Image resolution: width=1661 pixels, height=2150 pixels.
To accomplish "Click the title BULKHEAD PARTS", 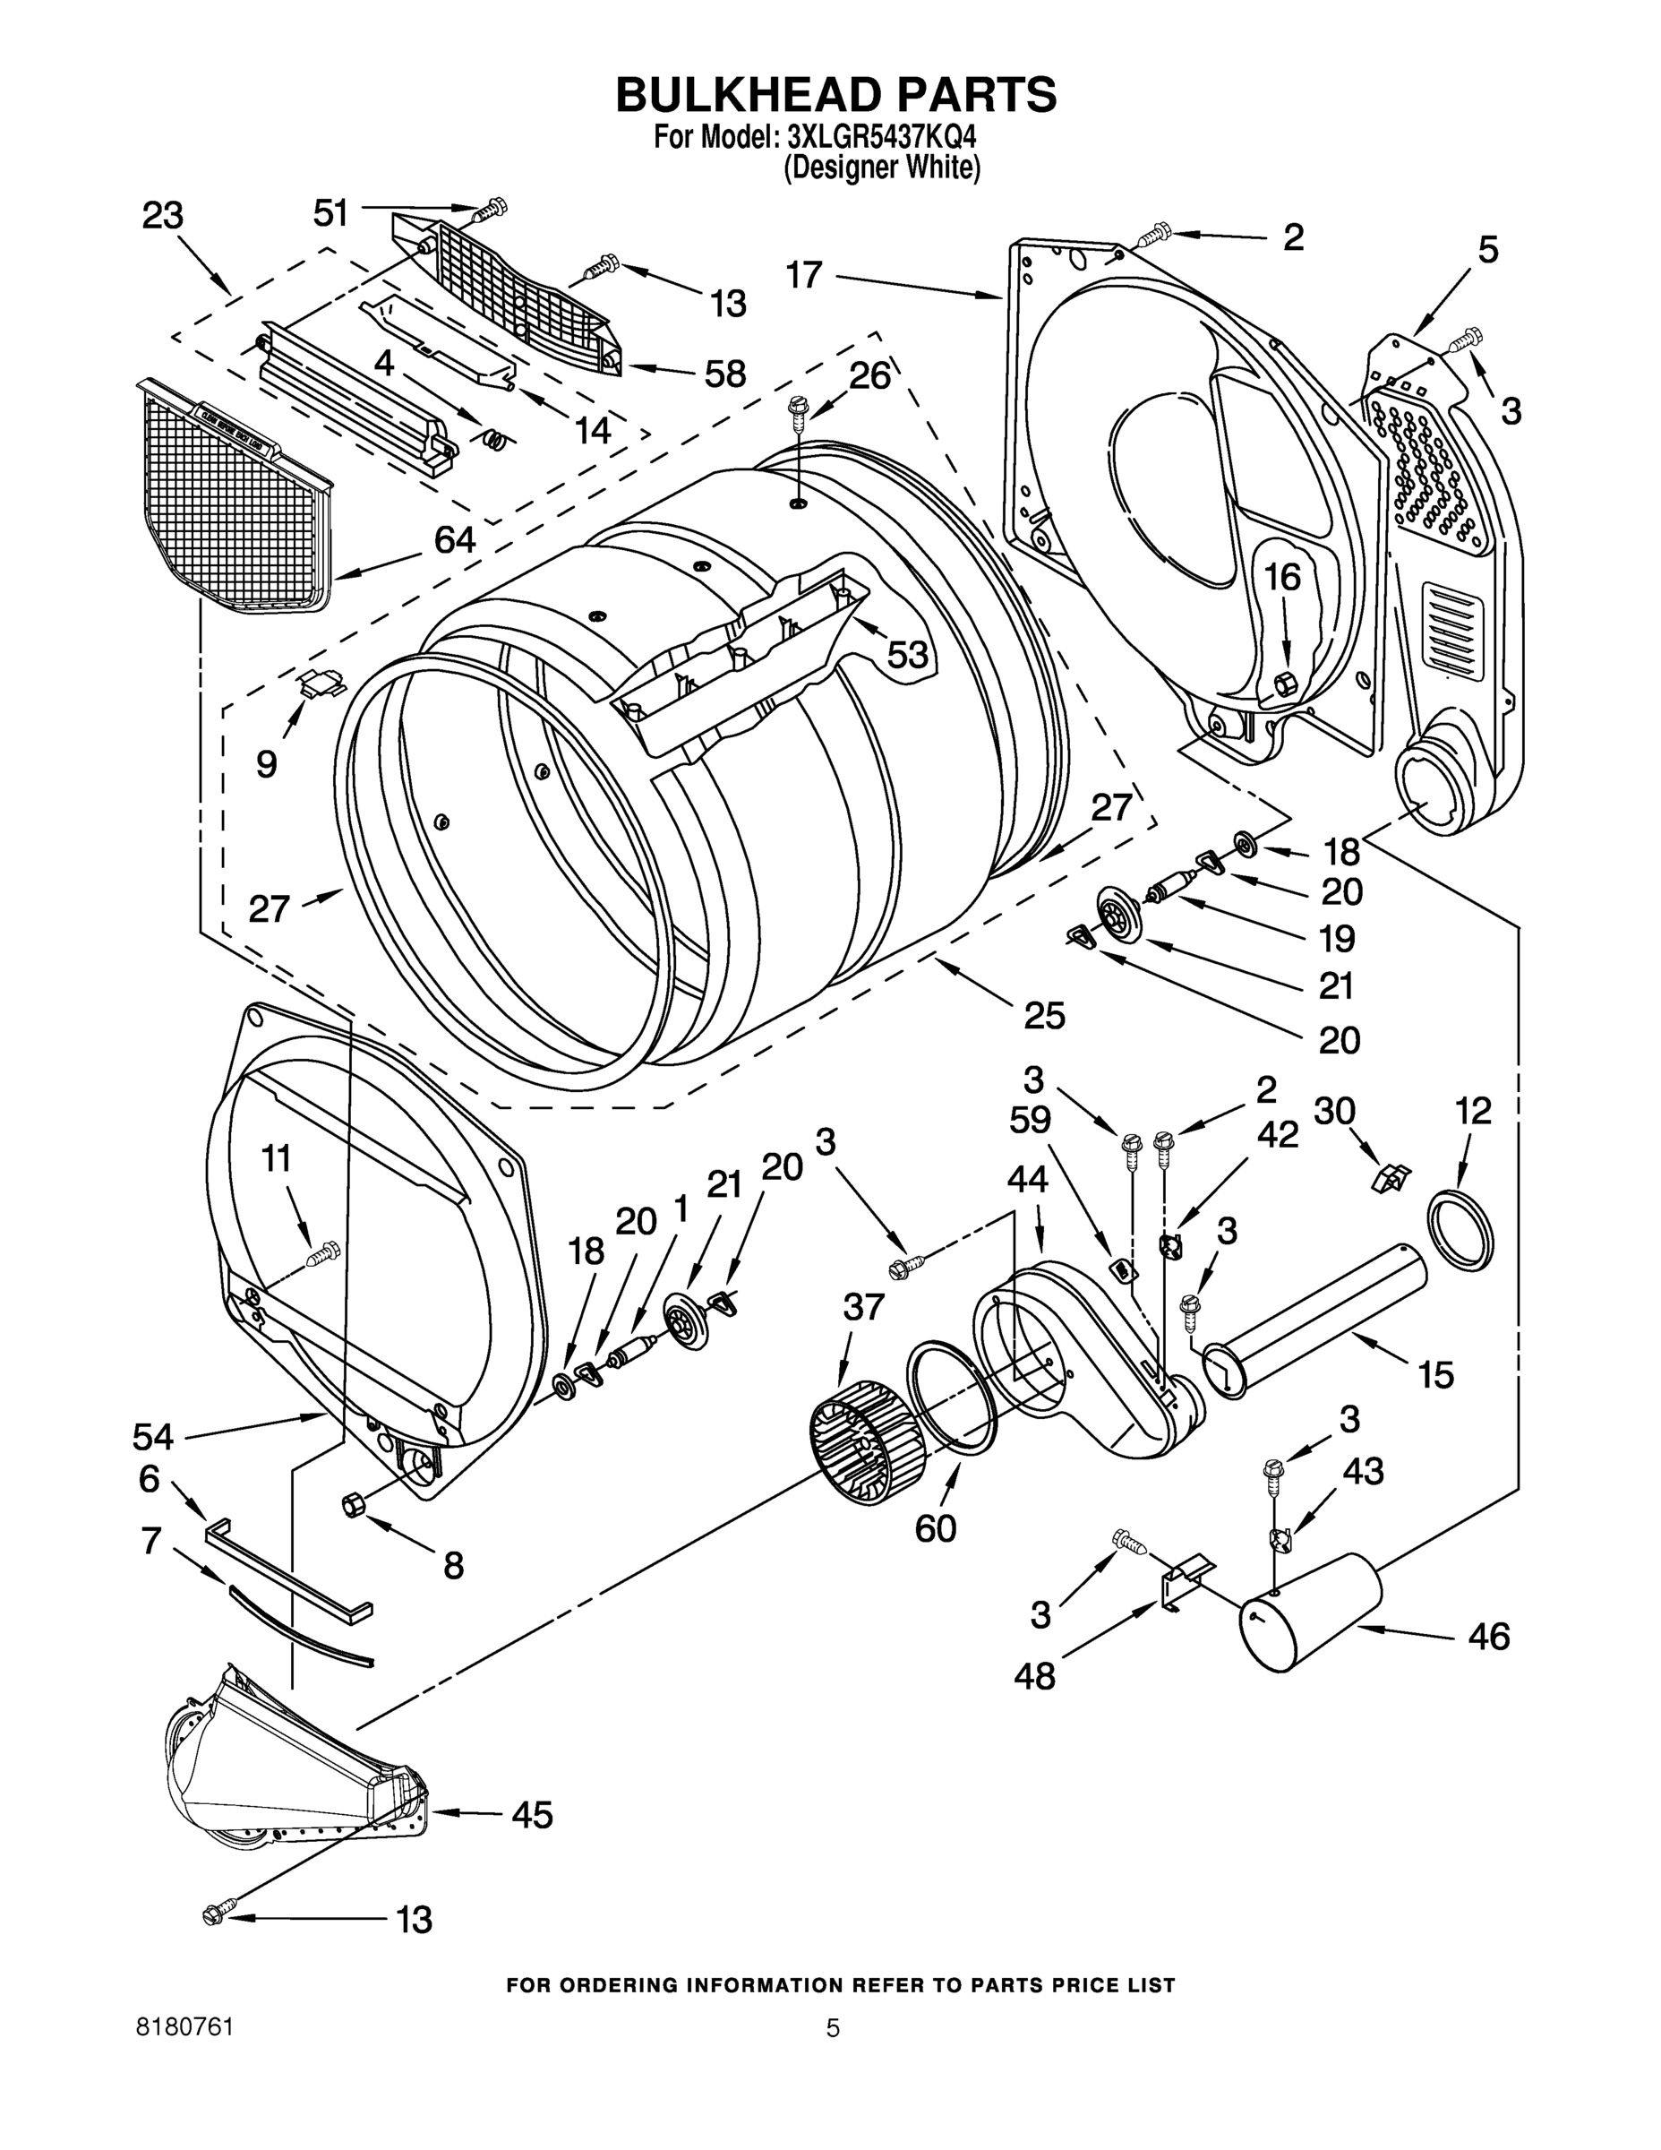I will [835, 96].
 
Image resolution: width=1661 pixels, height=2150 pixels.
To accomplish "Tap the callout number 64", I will [455, 539].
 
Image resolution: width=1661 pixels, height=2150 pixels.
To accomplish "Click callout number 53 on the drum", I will [907, 654].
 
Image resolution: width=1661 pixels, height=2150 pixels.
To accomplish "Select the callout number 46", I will [1488, 1636].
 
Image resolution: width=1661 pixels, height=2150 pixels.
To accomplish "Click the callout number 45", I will [531, 1813].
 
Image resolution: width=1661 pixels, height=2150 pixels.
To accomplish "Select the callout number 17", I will [804, 275].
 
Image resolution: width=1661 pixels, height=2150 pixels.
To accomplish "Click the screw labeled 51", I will [492, 209].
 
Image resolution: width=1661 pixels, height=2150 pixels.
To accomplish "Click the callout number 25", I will [1044, 1015].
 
